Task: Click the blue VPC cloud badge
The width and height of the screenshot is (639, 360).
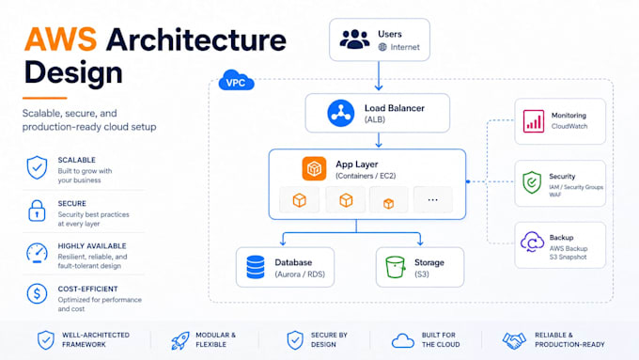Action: click(x=237, y=80)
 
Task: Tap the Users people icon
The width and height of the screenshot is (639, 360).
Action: click(x=354, y=39)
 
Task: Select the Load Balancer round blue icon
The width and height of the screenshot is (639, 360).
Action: click(x=341, y=113)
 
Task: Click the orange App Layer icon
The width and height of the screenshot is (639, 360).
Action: click(x=314, y=168)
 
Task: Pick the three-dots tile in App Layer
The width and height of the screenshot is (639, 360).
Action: click(x=433, y=200)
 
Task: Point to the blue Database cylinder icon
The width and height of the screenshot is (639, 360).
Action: click(x=256, y=267)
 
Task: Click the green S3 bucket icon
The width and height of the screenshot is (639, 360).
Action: click(x=396, y=267)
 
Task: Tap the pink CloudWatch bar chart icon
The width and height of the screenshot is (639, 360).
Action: click(x=534, y=121)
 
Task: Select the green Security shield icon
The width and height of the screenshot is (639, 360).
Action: click(x=532, y=182)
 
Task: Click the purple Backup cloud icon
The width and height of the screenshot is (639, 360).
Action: click(x=532, y=242)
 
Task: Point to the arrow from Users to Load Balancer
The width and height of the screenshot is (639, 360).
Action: click(x=379, y=76)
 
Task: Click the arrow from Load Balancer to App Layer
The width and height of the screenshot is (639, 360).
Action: click(x=379, y=140)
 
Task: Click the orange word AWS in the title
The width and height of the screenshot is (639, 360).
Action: click(x=60, y=39)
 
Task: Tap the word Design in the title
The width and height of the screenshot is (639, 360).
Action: click(x=73, y=72)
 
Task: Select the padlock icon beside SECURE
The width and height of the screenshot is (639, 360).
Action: click(x=37, y=211)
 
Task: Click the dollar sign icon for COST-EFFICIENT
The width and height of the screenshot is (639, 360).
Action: click(x=37, y=293)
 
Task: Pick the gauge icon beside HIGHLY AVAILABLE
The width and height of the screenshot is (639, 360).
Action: click(x=37, y=253)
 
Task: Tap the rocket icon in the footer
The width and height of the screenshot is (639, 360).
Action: click(x=179, y=340)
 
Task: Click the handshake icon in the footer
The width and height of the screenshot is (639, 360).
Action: click(x=514, y=340)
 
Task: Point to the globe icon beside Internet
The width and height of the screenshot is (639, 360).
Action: click(x=382, y=47)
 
